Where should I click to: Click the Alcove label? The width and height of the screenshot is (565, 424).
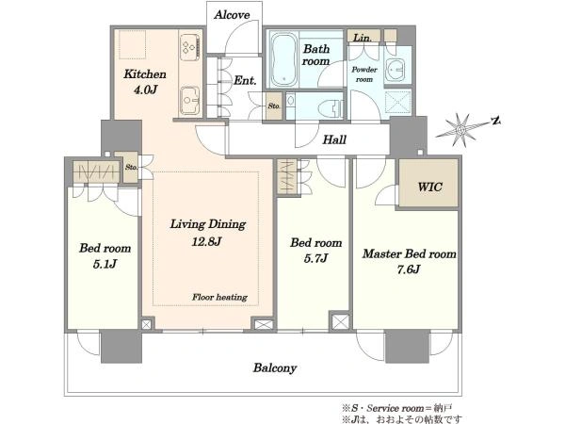click(x=232, y=15)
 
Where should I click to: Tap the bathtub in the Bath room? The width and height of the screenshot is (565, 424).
click(x=284, y=60)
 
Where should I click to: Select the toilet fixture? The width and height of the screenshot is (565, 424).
click(x=331, y=107)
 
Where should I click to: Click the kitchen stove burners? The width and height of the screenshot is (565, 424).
click(x=189, y=47)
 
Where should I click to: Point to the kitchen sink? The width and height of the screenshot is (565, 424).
click(x=189, y=100)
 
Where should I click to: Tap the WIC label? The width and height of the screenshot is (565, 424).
click(x=429, y=187)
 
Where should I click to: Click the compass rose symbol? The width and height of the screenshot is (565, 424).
click(x=460, y=129)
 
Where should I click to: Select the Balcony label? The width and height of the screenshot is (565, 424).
click(x=275, y=368)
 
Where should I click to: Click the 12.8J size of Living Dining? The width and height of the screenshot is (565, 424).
click(x=206, y=241)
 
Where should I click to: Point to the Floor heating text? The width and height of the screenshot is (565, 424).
click(x=219, y=297)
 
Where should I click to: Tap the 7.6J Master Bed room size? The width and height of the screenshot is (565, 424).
click(x=409, y=269)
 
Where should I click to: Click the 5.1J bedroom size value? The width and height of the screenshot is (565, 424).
click(x=105, y=264)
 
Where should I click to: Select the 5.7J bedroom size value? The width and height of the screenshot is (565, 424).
click(x=315, y=258)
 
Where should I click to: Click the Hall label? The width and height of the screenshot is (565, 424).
click(x=334, y=139)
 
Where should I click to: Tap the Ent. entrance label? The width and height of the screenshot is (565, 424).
click(x=245, y=80)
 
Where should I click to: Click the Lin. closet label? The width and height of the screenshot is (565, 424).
click(x=363, y=38)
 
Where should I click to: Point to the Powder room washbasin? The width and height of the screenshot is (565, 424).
click(x=395, y=69)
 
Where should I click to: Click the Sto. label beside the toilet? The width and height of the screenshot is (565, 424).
click(x=274, y=106)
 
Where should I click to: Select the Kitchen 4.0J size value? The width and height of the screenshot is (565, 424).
click(x=146, y=90)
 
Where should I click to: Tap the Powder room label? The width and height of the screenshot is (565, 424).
click(x=364, y=74)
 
